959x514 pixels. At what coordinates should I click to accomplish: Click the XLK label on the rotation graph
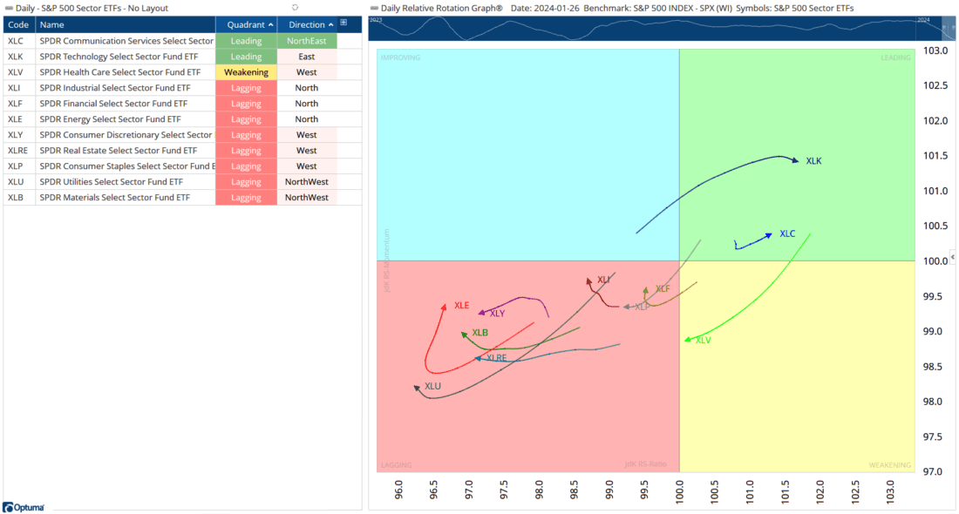[x=813, y=161]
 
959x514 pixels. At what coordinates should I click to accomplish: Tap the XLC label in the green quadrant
[x=787, y=233]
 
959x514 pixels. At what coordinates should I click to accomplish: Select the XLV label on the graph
[x=704, y=341]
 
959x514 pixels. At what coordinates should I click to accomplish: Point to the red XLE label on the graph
[x=461, y=306]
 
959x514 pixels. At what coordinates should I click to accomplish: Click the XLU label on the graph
[x=432, y=387]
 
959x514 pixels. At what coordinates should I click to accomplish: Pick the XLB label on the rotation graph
[x=479, y=333]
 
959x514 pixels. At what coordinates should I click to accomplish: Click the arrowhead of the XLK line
[x=794, y=159]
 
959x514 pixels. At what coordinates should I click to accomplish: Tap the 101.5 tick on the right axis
[x=935, y=156]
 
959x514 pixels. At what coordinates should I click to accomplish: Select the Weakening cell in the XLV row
[x=246, y=72]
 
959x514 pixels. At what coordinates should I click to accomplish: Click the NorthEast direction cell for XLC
[x=306, y=41]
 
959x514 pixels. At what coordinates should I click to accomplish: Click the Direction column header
[x=306, y=24]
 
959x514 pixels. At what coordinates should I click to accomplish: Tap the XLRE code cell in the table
[x=17, y=151]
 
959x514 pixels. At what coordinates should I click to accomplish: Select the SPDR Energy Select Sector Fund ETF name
[x=110, y=119]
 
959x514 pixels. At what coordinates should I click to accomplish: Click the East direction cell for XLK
[x=306, y=57]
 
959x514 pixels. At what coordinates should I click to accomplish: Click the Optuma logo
[x=24, y=506]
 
